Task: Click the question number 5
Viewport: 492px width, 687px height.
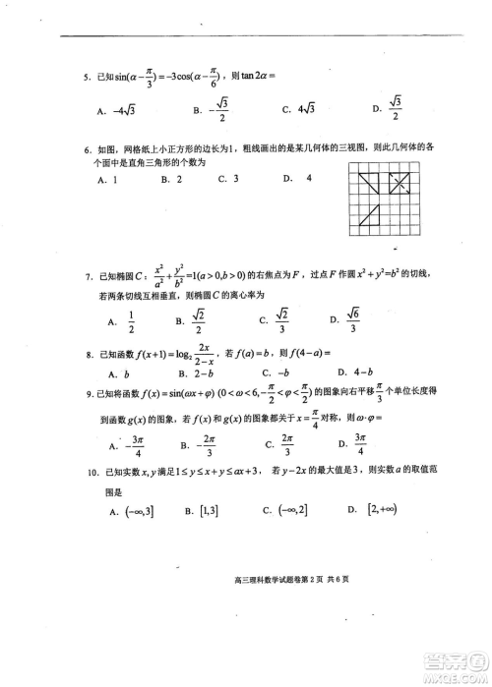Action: pos(88,76)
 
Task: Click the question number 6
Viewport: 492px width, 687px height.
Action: pos(88,148)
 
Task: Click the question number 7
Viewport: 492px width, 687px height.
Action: pos(88,278)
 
